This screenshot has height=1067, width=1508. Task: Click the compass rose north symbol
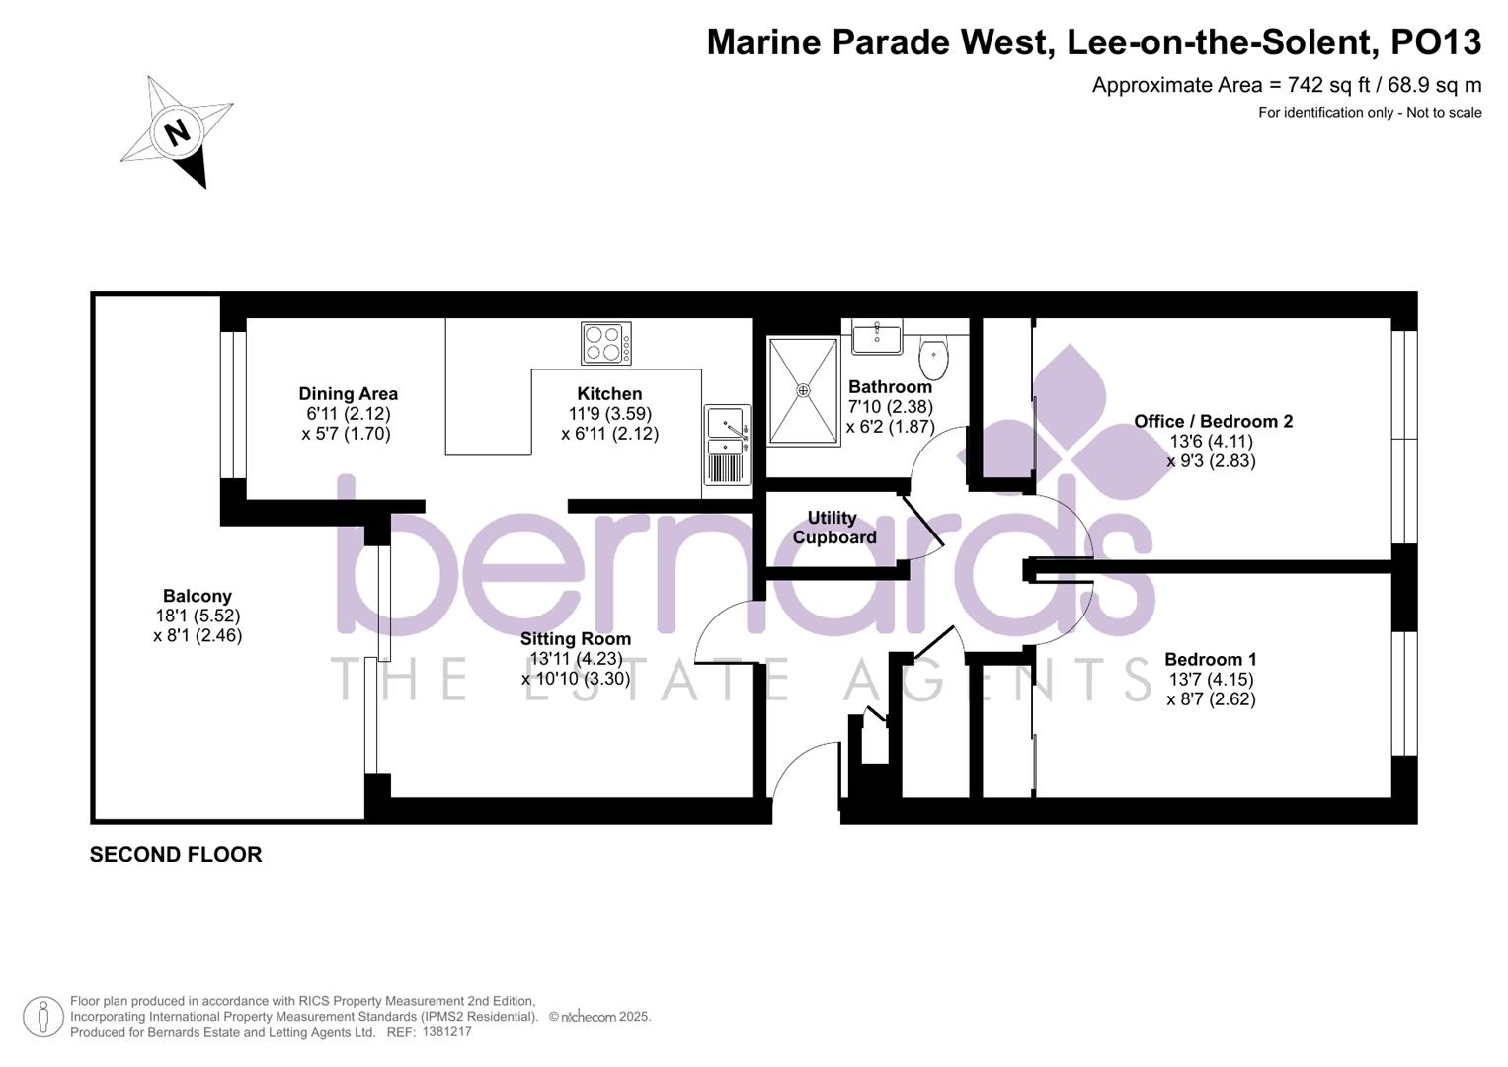(x=177, y=131)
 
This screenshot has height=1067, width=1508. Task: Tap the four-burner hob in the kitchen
(x=606, y=344)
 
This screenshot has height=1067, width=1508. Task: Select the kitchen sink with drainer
(x=727, y=444)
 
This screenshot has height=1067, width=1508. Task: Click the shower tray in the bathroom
(x=803, y=390)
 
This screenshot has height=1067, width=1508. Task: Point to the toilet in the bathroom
(x=933, y=357)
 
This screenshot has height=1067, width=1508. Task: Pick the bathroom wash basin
(x=876, y=337)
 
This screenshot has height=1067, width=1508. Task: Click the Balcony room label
(x=198, y=596)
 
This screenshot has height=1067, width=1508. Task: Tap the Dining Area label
(x=348, y=393)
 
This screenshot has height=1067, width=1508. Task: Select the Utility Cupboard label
(x=833, y=528)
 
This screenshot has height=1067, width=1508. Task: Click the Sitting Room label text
(x=576, y=638)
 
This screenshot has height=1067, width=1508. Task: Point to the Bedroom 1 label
(x=1211, y=659)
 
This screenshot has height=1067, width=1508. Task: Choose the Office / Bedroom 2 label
(x=1213, y=421)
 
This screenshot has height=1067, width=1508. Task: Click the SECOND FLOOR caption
(x=176, y=855)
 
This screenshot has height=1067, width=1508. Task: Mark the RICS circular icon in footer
(x=42, y=1017)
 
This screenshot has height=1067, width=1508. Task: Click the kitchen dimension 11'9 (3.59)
(x=609, y=413)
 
